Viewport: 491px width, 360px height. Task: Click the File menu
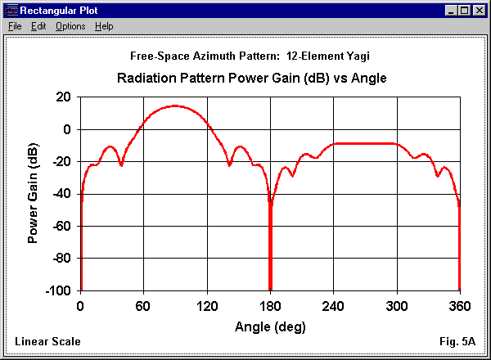pos(14,26)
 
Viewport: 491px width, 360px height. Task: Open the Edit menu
pos(38,26)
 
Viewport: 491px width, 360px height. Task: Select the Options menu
pos(70,26)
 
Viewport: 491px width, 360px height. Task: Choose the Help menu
pos(104,26)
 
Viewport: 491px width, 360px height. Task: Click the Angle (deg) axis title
pos(269,326)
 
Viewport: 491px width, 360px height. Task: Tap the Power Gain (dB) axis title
pos(34,193)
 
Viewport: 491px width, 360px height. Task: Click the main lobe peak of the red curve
pos(175,106)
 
